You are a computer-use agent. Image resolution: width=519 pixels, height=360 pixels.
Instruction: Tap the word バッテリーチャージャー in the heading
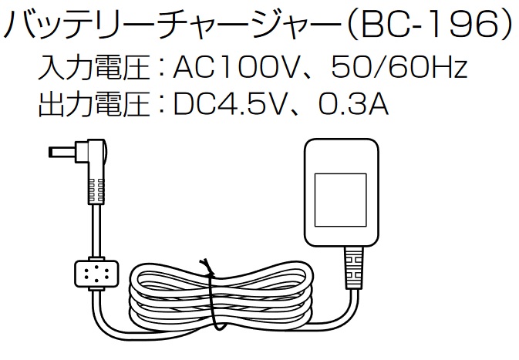pyautogui.click(x=170, y=26)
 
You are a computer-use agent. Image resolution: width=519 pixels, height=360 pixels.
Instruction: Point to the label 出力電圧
pyautogui.click(x=93, y=105)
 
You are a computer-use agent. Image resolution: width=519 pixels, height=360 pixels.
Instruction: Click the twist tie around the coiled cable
pyautogui.click(x=210, y=297)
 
